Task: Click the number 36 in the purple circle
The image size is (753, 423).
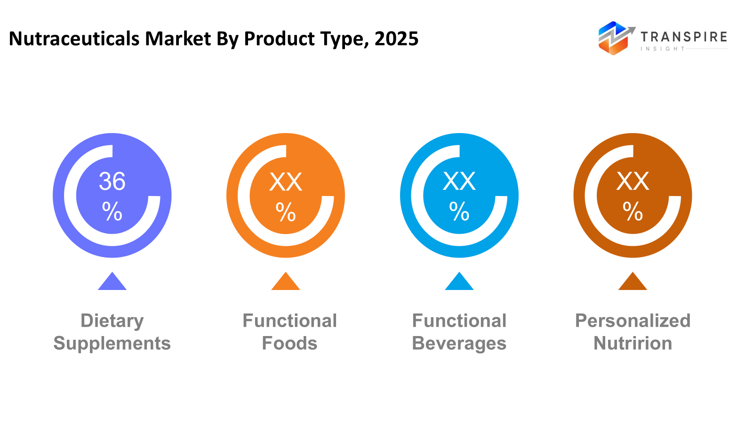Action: tap(112, 181)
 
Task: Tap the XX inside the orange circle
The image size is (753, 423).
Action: tap(286, 182)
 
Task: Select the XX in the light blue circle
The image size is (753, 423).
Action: tap(459, 181)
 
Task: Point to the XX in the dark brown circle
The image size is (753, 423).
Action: tap(633, 181)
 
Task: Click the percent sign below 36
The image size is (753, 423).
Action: tap(112, 211)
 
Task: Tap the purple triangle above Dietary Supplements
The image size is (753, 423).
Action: tap(112, 282)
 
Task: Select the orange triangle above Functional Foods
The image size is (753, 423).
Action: tap(286, 282)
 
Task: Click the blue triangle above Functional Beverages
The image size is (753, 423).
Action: tap(459, 282)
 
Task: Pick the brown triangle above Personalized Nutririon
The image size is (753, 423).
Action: tap(633, 282)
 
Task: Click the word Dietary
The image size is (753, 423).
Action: tap(112, 321)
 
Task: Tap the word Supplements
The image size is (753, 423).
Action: tap(112, 344)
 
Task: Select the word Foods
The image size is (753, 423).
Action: tap(289, 344)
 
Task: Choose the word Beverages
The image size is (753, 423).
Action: tap(459, 344)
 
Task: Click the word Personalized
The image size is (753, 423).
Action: tap(633, 321)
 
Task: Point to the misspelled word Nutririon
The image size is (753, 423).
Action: tap(633, 344)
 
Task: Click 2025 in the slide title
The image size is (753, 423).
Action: tap(396, 39)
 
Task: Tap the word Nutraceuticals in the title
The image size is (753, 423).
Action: tap(74, 39)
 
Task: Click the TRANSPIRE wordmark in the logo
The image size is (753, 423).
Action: tap(683, 37)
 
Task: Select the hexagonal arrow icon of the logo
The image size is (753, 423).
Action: tap(614, 38)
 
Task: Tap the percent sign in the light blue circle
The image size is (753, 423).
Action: tap(459, 211)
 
